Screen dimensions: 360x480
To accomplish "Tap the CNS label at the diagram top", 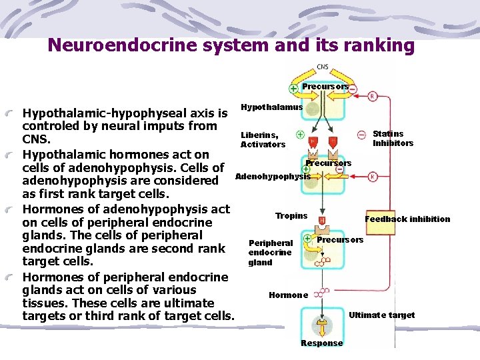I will point(322,67).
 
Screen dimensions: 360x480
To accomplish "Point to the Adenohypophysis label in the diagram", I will point(272,176).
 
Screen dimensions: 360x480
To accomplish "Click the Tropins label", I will point(291,216).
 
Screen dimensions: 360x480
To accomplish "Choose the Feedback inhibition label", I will point(407,219).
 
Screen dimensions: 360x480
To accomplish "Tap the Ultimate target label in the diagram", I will point(382,315).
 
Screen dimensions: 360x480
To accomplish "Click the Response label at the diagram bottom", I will point(322,343).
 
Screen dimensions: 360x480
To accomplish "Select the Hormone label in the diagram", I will point(288,295).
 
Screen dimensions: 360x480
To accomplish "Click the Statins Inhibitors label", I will point(393,139).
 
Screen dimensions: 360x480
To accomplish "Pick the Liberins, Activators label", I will point(263,140).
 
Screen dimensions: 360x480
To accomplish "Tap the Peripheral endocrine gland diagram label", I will point(270,253).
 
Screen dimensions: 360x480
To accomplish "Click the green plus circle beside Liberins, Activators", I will point(301,134).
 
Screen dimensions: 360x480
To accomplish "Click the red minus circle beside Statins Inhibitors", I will point(361,134).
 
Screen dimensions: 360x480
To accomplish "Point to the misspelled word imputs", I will point(192,126).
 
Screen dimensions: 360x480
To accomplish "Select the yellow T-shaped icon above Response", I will point(322,326).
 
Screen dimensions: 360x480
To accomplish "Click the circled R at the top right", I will point(373,96).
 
